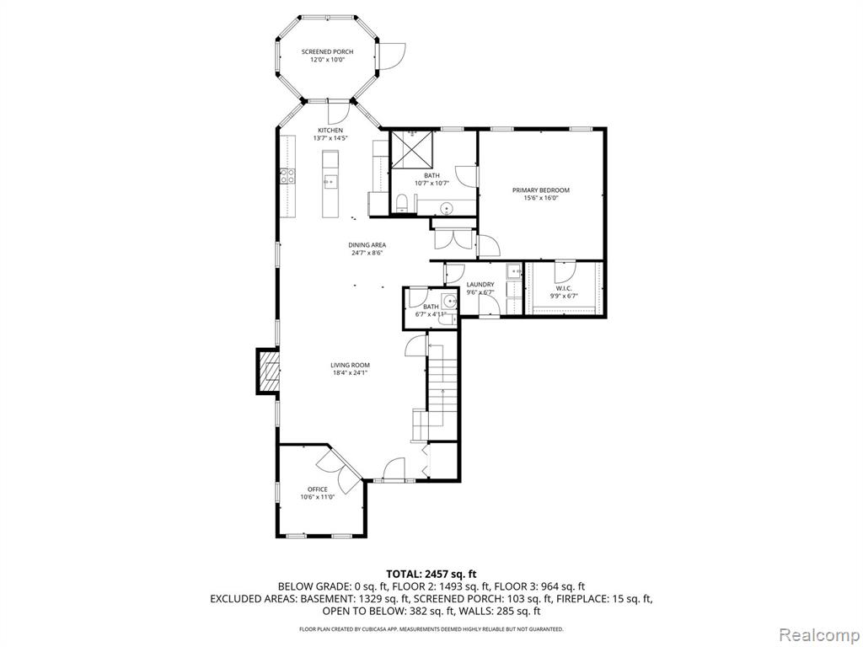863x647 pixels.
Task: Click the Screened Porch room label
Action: tap(327, 51)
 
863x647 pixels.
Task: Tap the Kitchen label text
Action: tap(330, 131)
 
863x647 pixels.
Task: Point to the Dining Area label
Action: tap(367, 245)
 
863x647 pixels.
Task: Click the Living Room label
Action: tap(350, 365)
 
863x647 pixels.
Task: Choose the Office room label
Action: tap(318, 489)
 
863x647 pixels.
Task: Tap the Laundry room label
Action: tap(480, 285)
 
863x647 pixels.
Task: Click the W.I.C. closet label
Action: tap(564, 288)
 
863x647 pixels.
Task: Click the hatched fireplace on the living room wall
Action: tap(268, 372)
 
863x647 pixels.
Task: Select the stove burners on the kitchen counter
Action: tap(287, 176)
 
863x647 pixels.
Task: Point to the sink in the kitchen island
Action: tap(330, 181)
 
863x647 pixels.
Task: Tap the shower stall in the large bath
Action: tap(412, 148)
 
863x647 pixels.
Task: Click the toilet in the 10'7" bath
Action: tap(402, 202)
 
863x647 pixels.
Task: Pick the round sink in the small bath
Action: tap(451, 301)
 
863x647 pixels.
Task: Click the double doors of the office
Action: tap(339, 469)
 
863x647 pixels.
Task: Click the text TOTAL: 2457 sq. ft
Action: tap(431, 575)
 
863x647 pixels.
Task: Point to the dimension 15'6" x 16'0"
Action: tap(541, 198)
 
